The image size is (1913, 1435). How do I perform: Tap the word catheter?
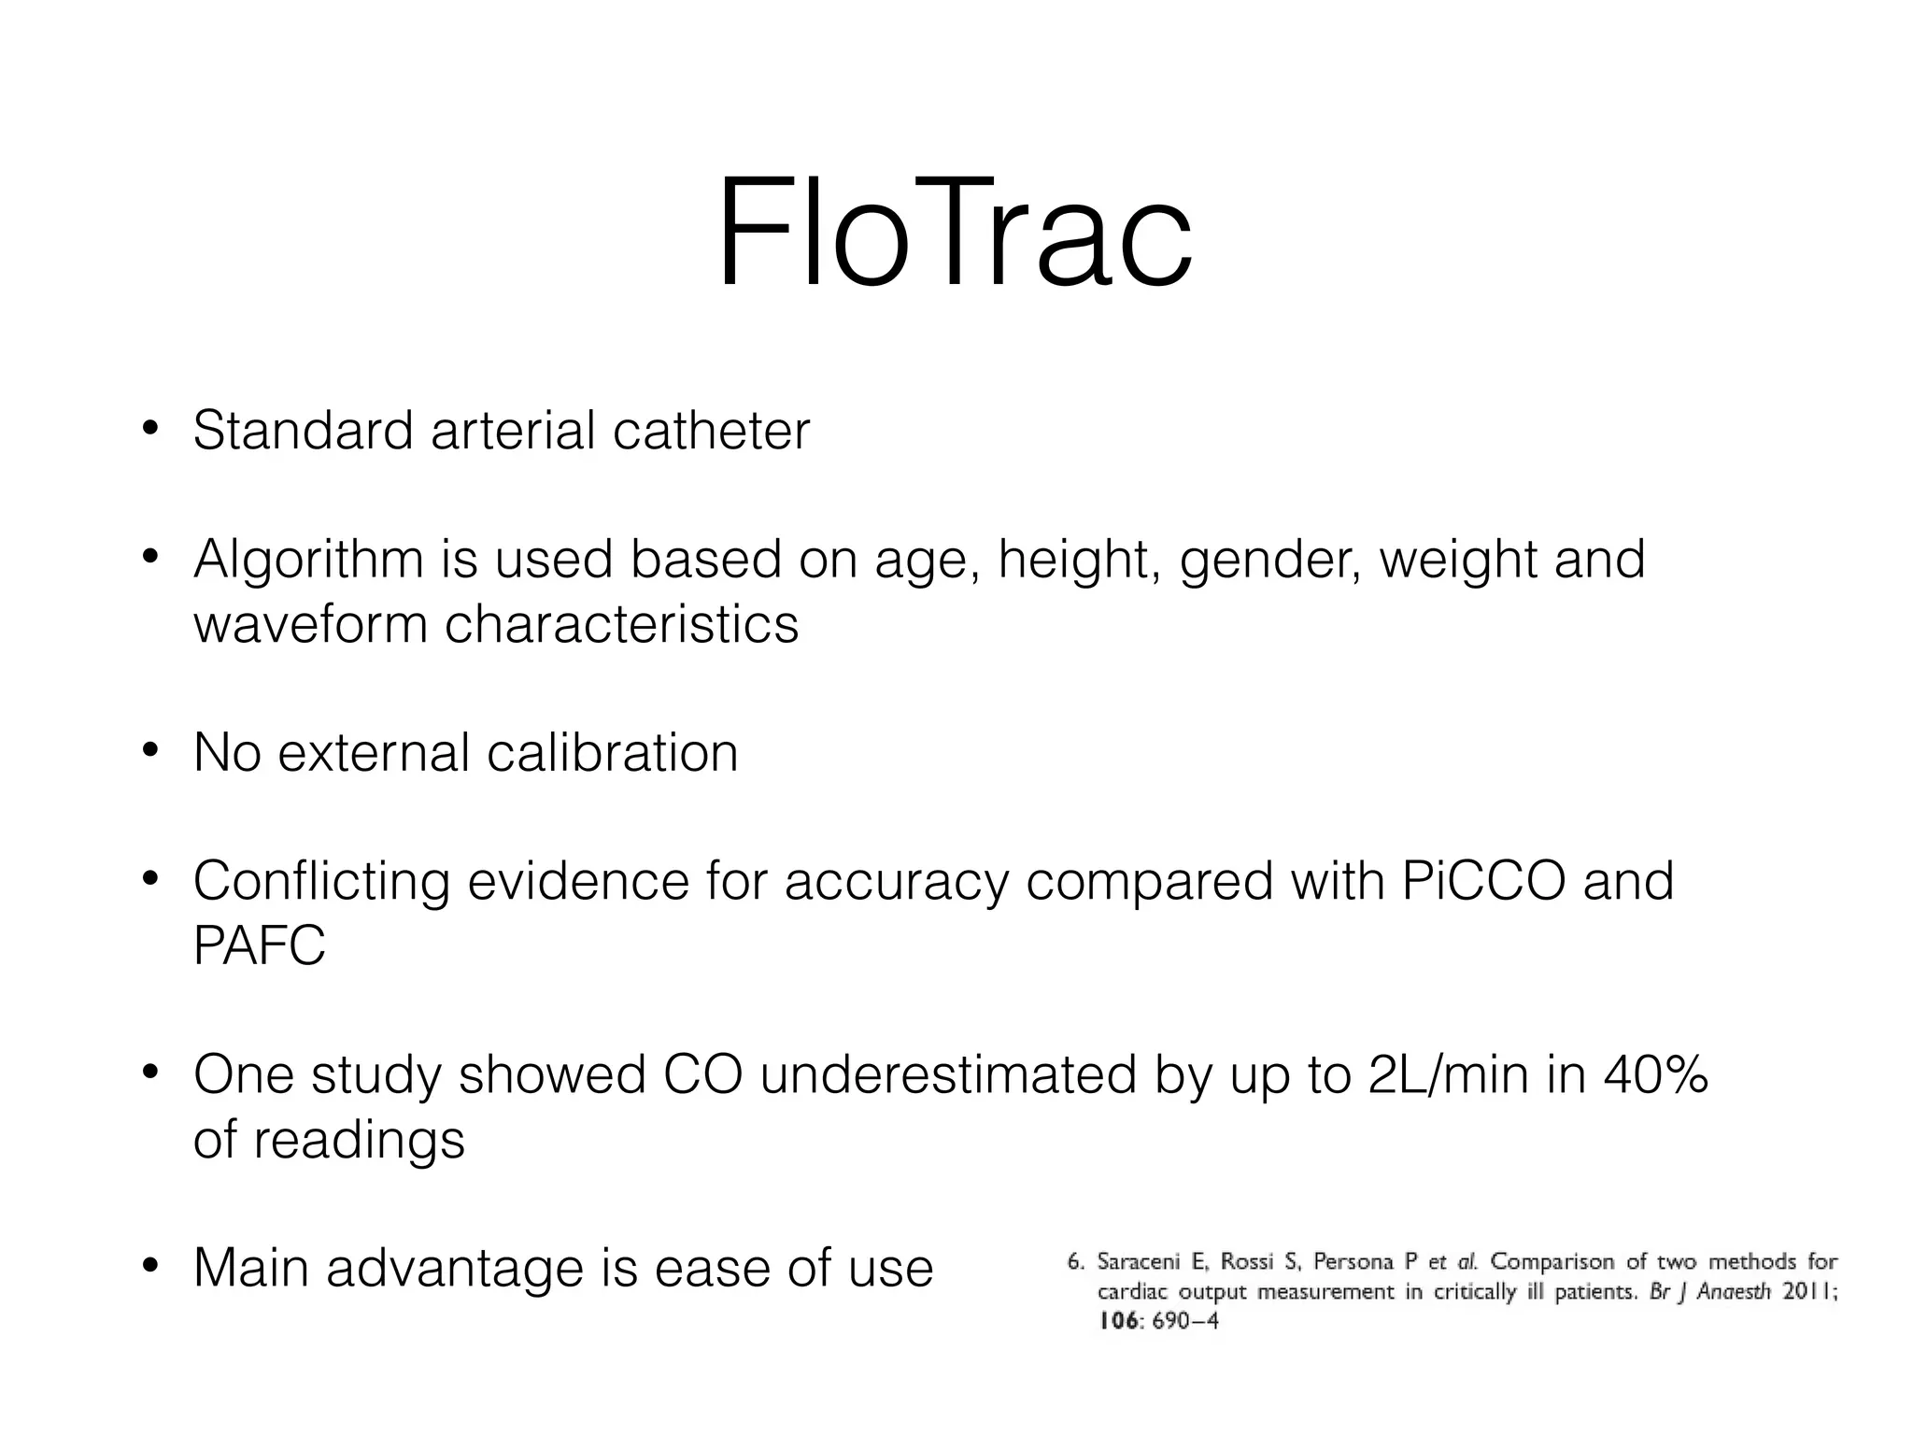coord(711,431)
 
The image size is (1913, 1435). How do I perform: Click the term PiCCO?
coord(1483,881)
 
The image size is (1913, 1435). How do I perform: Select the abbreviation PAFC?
coord(259,945)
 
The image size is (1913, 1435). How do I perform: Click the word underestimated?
coord(948,1074)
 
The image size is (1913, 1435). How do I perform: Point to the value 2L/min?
coord(1449,1074)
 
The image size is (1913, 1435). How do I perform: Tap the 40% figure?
coord(1655,1074)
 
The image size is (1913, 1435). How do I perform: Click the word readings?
coord(359,1140)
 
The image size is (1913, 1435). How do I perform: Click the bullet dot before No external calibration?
coord(150,752)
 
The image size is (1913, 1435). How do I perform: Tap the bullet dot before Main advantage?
coord(150,1269)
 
